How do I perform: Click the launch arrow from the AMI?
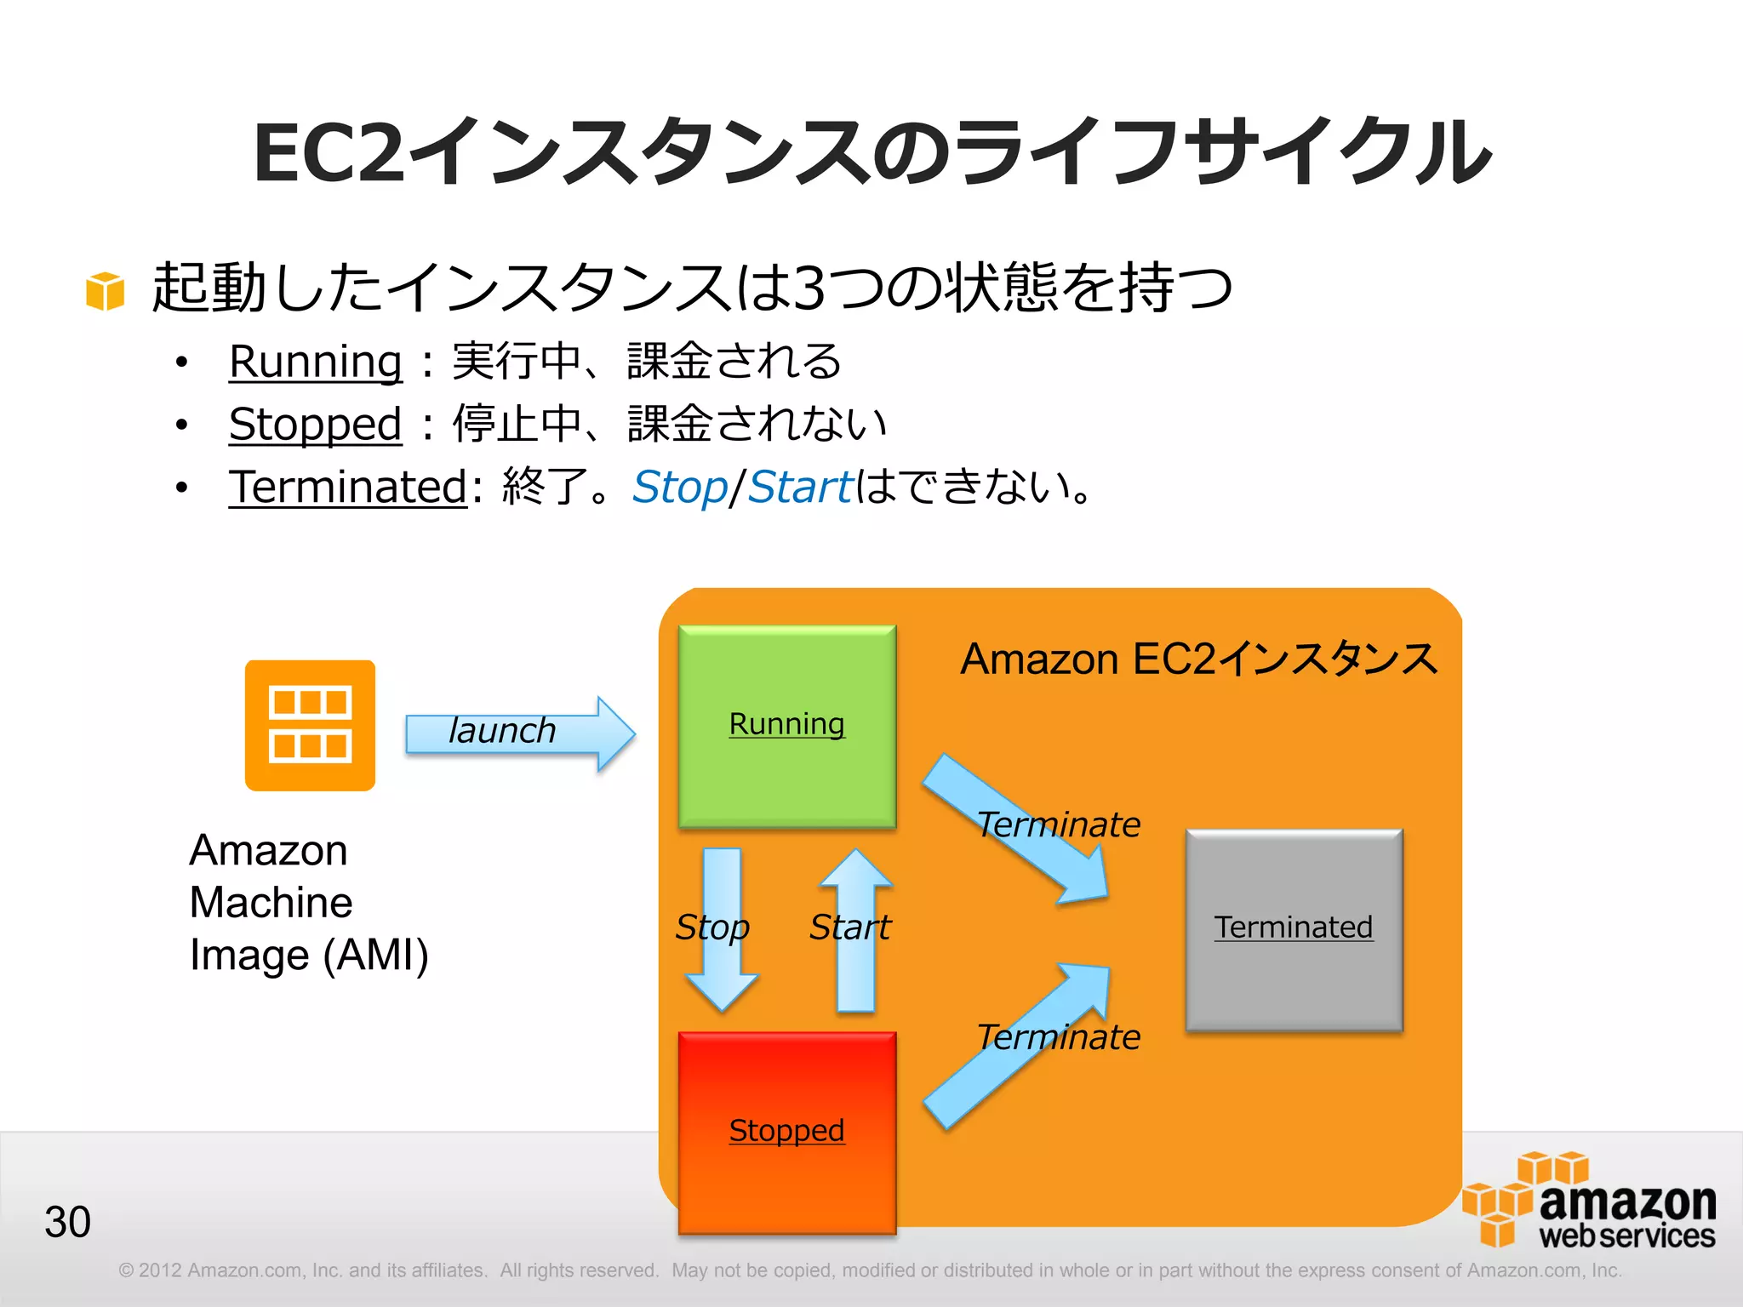coord(520,733)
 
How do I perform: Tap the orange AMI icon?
coord(310,725)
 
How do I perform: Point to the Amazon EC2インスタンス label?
coord(1198,659)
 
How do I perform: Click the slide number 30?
coord(67,1222)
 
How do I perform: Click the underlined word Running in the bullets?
coord(315,362)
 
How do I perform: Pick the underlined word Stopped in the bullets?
coord(315,424)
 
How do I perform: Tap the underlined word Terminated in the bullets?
coord(348,487)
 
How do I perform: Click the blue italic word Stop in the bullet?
coord(679,488)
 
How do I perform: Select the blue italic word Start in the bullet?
coord(799,488)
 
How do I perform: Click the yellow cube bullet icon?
coord(106,291)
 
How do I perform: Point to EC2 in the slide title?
coord(329,153)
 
